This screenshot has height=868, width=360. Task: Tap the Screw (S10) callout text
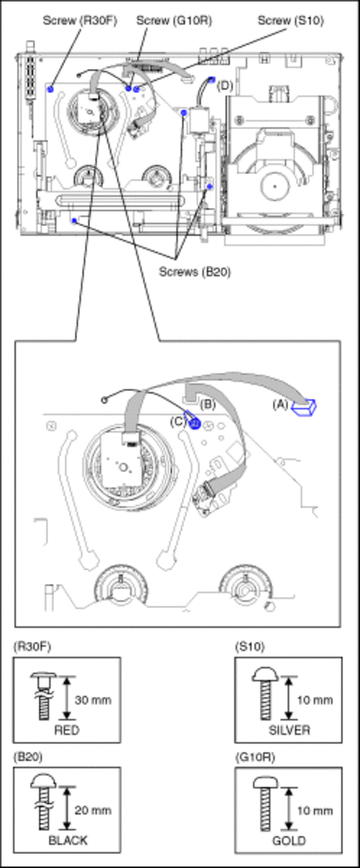[x=291, y=21]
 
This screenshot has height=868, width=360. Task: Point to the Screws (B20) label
[x=194, y=272]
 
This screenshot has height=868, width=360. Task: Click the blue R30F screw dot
[x=51, y=88]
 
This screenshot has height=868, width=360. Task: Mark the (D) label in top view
[x=224, y=86]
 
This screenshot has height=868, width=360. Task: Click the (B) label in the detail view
[x=207, y=404]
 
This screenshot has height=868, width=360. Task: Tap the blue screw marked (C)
[x=194, y=423]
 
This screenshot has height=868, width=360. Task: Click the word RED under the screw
[x=67, y=729]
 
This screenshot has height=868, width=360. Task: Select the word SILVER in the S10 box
[x=289, y=729]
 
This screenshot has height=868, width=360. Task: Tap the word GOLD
[x=289, y=840]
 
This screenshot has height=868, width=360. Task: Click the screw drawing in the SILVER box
[x=264, y=692]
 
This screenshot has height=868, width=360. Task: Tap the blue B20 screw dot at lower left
[x=74, y=221]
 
